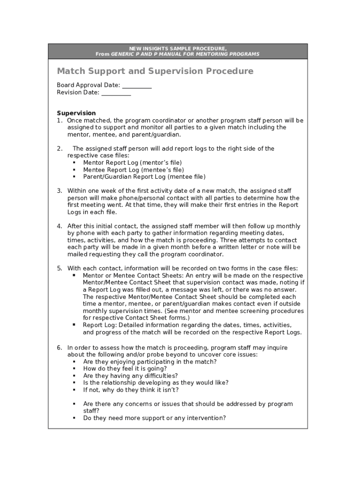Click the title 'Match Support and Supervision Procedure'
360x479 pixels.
click(x=155, y=71)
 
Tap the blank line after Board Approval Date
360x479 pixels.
click(x=137, y=86)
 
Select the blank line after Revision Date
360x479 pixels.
click(x=116, y=93)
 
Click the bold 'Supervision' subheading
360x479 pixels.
click(x=76, y=113)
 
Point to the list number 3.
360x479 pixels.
click(x=59, y=191)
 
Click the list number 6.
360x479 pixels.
click(x=59, y=348)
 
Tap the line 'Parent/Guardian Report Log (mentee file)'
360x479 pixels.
click(x=144, y=177)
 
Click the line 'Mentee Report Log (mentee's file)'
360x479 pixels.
click(x=133, y=170)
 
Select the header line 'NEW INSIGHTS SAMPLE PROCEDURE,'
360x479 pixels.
click(x=178, y=49)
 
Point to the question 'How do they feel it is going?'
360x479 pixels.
click(x=125, y=369)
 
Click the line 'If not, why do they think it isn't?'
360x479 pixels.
click(x=131, y=390)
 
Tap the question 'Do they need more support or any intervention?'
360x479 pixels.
click(x=154, y=418)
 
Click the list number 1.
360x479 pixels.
click(x=59, y=121)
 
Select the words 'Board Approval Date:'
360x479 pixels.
click(x=88, y=85)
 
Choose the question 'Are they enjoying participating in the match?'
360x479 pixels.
click(x=150, y=362)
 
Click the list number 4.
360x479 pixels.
click(x=59, y=226)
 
